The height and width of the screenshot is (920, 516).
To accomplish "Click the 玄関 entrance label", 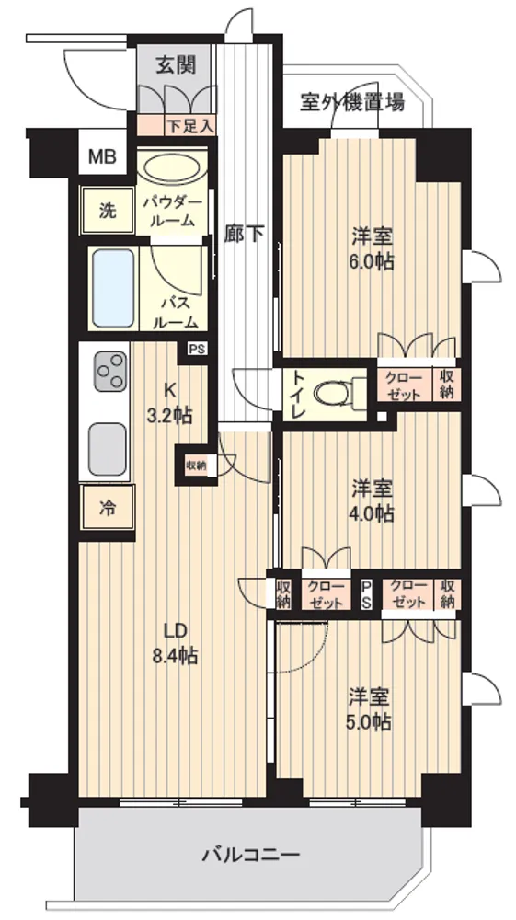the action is pos(176,65).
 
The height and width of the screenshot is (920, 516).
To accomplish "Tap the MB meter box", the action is pos(102,156).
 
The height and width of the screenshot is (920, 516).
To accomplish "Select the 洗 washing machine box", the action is pos(108,211).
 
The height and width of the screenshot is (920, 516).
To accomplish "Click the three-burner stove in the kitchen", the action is pos(110,372).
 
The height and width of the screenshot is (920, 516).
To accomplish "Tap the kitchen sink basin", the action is pos(108,450).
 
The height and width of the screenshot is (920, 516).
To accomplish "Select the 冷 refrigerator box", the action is pos(108,507).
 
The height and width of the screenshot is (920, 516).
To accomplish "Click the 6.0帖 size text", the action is pos(373,262).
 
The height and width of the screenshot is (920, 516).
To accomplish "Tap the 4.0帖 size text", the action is pos(373,514).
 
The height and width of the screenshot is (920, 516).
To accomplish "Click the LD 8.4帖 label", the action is pos(175,643).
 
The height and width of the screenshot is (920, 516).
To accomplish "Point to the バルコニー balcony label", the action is pos(251,854).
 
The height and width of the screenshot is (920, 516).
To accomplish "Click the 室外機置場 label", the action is pos(351,103).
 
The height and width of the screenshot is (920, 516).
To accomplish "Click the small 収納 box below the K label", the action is pos(196,466).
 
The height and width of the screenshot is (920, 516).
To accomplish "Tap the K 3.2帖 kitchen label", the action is pos(169,403).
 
